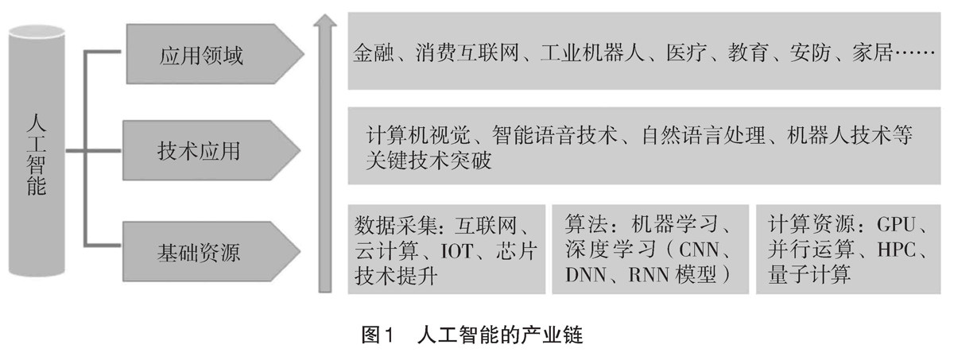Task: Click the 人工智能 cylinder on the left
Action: (x=37, y=154)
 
